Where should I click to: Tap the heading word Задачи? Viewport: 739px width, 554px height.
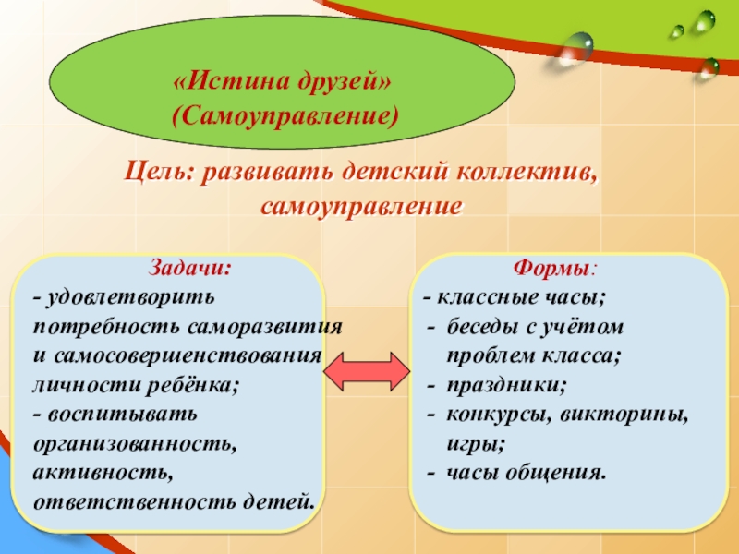(x=190, y=270)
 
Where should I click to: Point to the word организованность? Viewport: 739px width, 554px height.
(x=135, y=444)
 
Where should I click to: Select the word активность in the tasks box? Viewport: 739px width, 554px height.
(x=102, y=473)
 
